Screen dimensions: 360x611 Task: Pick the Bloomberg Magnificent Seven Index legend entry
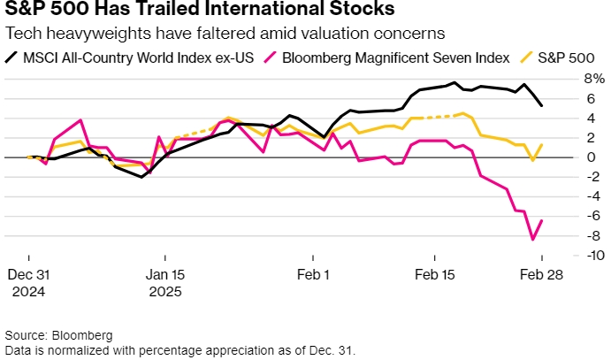389,57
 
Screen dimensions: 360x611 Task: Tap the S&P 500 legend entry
556,57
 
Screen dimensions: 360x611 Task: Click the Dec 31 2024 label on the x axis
29,282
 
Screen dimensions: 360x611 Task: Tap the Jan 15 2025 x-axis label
166,282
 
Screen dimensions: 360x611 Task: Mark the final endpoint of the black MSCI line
541,105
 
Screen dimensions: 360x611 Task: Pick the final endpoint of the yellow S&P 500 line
541,144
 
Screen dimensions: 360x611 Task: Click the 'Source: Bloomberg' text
58,336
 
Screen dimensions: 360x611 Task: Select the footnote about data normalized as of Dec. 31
179,350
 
